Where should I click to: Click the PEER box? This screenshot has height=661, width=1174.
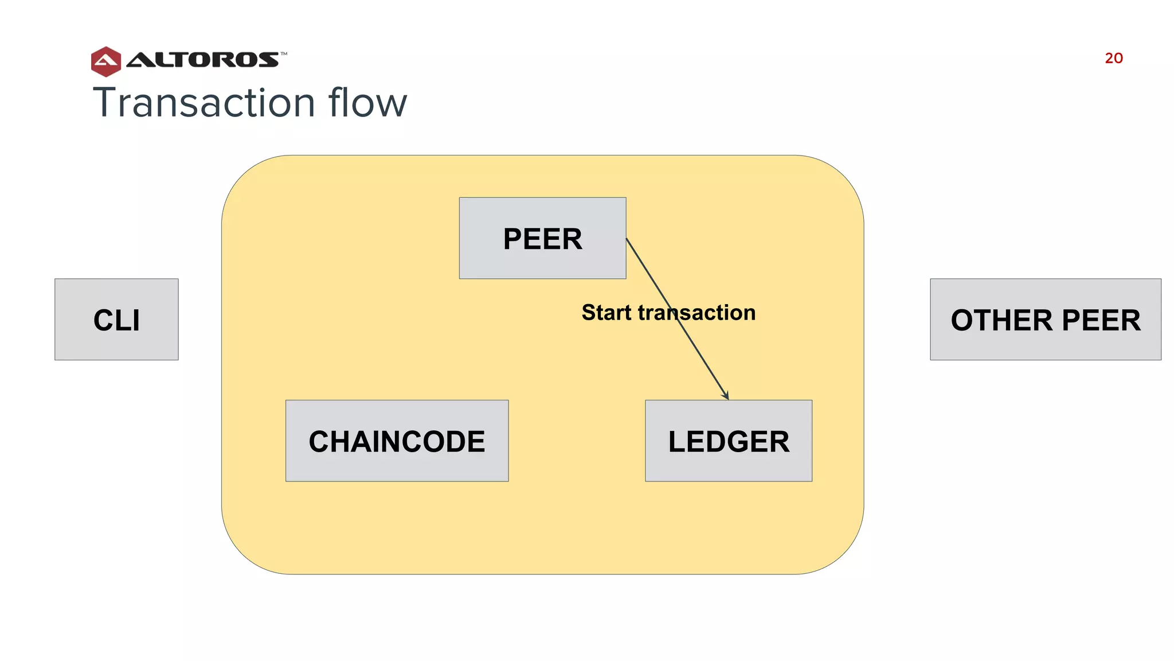[x=542, y=239]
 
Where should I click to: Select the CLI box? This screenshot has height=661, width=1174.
[x=116, y=320]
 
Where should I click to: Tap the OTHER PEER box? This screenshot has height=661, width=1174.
[x=1045, y=320]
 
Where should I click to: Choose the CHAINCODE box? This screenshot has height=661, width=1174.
[x=397, y=441]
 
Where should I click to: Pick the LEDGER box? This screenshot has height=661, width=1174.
[x=728, y=441]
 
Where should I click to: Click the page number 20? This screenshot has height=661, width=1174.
[x=1113, y=58]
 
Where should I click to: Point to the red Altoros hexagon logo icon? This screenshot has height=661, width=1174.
[x=106, y=61]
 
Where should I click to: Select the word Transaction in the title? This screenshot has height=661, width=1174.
[x=204, y=103]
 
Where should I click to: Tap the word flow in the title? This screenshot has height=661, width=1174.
[x=367, y=103]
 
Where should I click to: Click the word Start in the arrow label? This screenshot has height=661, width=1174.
[x=606, y=313]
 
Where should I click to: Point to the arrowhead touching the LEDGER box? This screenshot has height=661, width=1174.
[x=726, y=396]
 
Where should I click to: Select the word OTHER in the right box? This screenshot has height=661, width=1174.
[x=1001, y=320]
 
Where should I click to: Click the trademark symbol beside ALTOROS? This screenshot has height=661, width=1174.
[x=284, y=54]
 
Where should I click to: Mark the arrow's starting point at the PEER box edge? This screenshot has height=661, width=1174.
[x=627, y=239]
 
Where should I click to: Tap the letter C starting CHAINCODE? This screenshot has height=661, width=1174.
[x=319, y=442]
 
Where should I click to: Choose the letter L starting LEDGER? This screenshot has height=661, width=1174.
[x=678, y=442]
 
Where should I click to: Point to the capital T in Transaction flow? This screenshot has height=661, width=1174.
[x=105, y=103]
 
